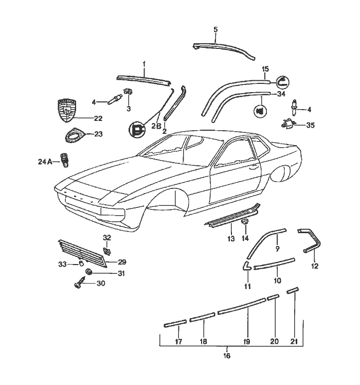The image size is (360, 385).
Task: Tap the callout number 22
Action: pyautogui.click(x=98, y=118)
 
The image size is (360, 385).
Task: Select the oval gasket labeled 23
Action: pyautogui.click(x=75, y=134)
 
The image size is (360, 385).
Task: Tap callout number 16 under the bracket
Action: pyautogui.click(x=227, y=356)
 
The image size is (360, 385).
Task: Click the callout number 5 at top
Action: pyautogui.click(x=215, y=30)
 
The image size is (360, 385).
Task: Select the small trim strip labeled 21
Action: pyautogui.click(x=293, y=291)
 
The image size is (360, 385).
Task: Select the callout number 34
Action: pyautogui.click(x=280, y=94)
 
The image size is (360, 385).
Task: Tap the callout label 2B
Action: pyautogui.click(x=156, y=125)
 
